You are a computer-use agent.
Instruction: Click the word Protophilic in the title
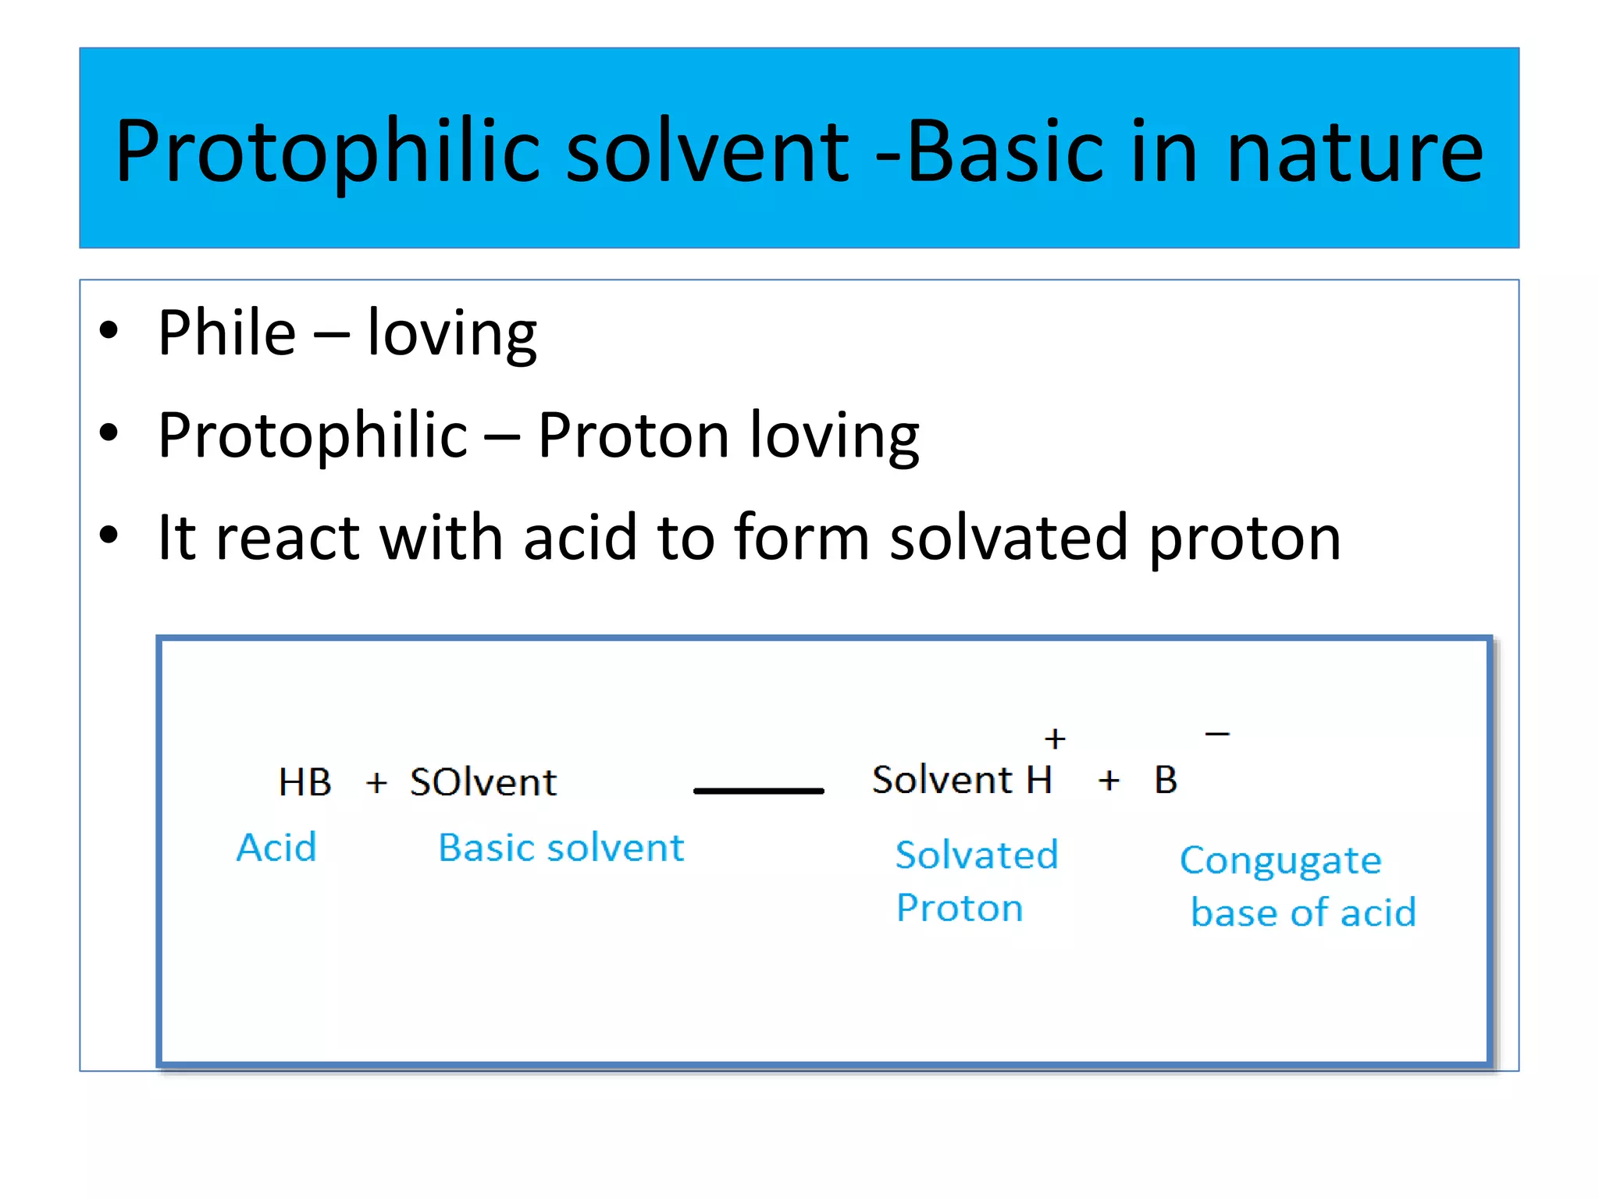coord(328,152)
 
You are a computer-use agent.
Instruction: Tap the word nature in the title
coord(1355,152)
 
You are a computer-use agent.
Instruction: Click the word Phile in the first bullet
coord(226,333)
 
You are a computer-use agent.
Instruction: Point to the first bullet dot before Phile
coord(109,330)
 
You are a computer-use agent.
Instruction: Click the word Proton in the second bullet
coord(632,435)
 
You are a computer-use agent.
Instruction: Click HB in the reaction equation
coord(304,781)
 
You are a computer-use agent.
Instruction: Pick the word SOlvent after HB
coord(483,782)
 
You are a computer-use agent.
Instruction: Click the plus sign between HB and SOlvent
coord(376,782)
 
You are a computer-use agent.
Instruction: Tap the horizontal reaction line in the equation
coord(758,791)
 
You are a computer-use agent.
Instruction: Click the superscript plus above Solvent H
coord(1055,738)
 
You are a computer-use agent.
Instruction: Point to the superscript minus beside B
coord(1217,734)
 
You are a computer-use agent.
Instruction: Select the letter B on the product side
coord(1166,780)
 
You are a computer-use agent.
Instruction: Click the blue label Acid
coord(276,848)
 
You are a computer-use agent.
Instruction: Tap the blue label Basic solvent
coord(561,848)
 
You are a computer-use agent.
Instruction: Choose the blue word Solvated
coord(976,855)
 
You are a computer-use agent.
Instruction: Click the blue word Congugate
coord(1280,861)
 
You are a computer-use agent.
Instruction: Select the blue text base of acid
coord(1303,913)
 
